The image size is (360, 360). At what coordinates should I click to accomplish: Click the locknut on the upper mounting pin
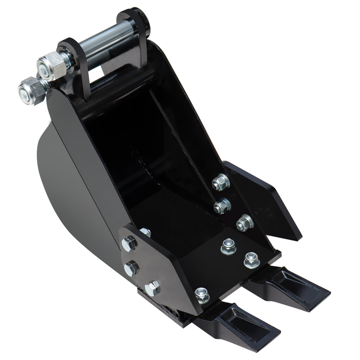pos(51,66)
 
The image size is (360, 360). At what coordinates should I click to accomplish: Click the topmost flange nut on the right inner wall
pos(220,182)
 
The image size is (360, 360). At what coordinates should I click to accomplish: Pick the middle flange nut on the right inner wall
pos(222,205)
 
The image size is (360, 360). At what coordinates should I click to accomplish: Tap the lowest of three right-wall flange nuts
pos(245,223)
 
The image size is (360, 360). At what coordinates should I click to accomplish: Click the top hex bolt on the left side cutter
pos(129,244)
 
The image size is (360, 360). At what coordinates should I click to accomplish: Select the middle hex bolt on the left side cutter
pos(132,268)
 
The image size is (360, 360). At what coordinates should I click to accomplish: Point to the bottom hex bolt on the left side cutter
pos(152,288)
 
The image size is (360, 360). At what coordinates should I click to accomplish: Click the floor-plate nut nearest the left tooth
pos(202,295)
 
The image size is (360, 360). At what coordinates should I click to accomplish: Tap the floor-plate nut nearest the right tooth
pos(252,260)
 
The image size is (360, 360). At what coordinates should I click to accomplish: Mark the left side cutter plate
pos(165,270)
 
